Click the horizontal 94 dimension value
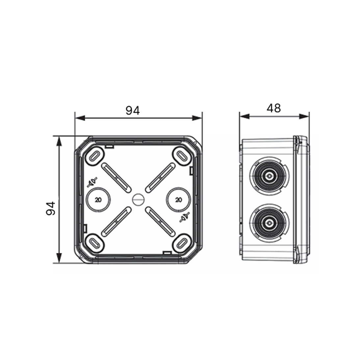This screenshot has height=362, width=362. (133, 111)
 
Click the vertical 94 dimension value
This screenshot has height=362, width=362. (51, 208)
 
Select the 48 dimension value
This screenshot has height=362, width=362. (273, 108)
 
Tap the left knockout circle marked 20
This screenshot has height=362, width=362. (98, 200)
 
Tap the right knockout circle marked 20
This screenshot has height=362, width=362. (178, 200)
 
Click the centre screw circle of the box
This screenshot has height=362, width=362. (138, 199)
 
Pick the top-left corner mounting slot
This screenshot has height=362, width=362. (95, 156)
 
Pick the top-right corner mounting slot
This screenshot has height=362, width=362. (182, 156)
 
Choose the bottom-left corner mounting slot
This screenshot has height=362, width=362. (95, 243)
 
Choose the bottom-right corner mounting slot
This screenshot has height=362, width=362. (182, 243)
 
